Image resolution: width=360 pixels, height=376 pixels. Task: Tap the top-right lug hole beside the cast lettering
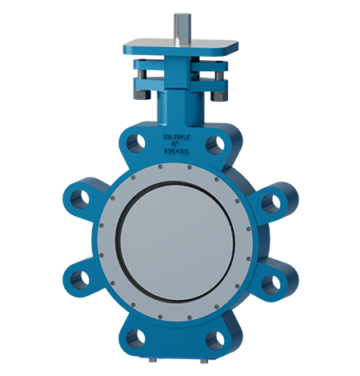214,144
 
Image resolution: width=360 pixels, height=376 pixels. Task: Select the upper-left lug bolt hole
79,199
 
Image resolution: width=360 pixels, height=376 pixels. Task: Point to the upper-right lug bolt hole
270,204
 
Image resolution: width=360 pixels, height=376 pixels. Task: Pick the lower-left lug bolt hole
79,279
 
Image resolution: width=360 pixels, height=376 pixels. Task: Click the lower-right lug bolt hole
270,282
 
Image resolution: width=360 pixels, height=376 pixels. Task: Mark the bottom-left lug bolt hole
135,338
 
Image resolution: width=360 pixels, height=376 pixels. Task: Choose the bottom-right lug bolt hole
214,339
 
